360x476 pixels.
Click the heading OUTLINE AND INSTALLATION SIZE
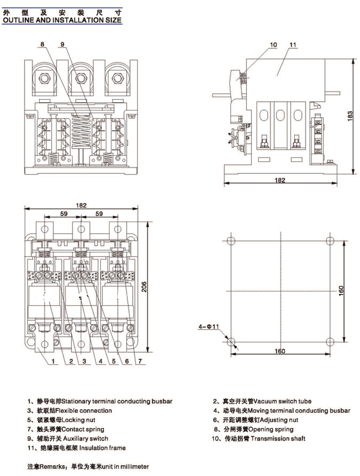point(62,20)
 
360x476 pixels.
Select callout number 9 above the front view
point(62,45)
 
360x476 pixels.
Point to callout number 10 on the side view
point(273,45)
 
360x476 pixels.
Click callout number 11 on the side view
point(293,45)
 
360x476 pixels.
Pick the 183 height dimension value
point(350,115)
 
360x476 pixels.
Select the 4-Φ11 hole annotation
point(208,327)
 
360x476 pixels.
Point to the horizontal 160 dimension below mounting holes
point(280,351)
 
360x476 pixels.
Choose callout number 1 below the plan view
point(52,361)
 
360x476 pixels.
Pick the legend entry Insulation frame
point(96,448)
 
